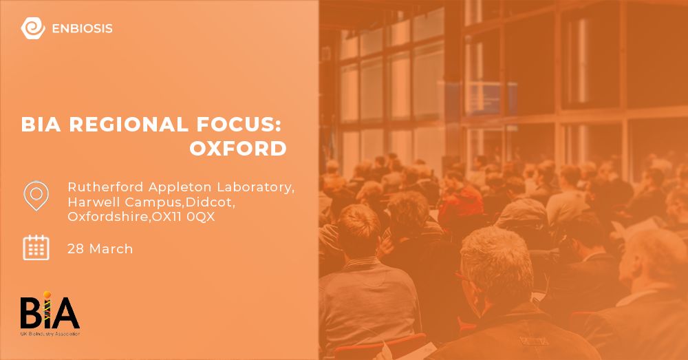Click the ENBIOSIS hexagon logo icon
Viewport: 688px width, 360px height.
32,28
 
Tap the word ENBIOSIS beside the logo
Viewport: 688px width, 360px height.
82,29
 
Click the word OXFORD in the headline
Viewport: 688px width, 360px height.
238,149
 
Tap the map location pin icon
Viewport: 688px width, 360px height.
36,196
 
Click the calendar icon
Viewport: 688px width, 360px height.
36,248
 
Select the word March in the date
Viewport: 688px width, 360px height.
110,248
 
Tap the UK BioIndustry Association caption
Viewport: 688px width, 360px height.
50,334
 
